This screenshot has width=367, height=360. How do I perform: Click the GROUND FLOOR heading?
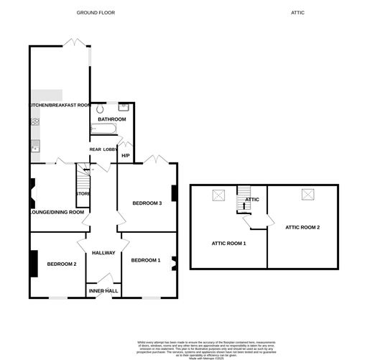point(96,13)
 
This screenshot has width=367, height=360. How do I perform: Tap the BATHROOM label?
point(112,119)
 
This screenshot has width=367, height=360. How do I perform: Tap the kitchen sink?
point(34,148)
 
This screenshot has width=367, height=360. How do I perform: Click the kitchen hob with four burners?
point(34,121)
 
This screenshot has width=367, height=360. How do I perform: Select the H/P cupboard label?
point(125,156)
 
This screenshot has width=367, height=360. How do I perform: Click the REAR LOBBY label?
point(103,149)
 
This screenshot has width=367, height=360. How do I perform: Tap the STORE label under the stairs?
point(83,193)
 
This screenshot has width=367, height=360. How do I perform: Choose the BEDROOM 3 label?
point(147,203)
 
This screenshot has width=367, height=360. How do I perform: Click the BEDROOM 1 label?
point(146,260)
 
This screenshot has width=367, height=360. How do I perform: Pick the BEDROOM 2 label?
point(61,264)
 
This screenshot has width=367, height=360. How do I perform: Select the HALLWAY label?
point(103,252)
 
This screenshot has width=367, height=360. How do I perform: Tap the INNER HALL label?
point(102,290)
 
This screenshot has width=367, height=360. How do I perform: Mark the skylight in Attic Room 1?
point(218,195)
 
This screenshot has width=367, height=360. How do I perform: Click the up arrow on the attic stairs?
point(245,204)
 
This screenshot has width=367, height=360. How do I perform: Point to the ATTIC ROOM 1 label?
point(228,244)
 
